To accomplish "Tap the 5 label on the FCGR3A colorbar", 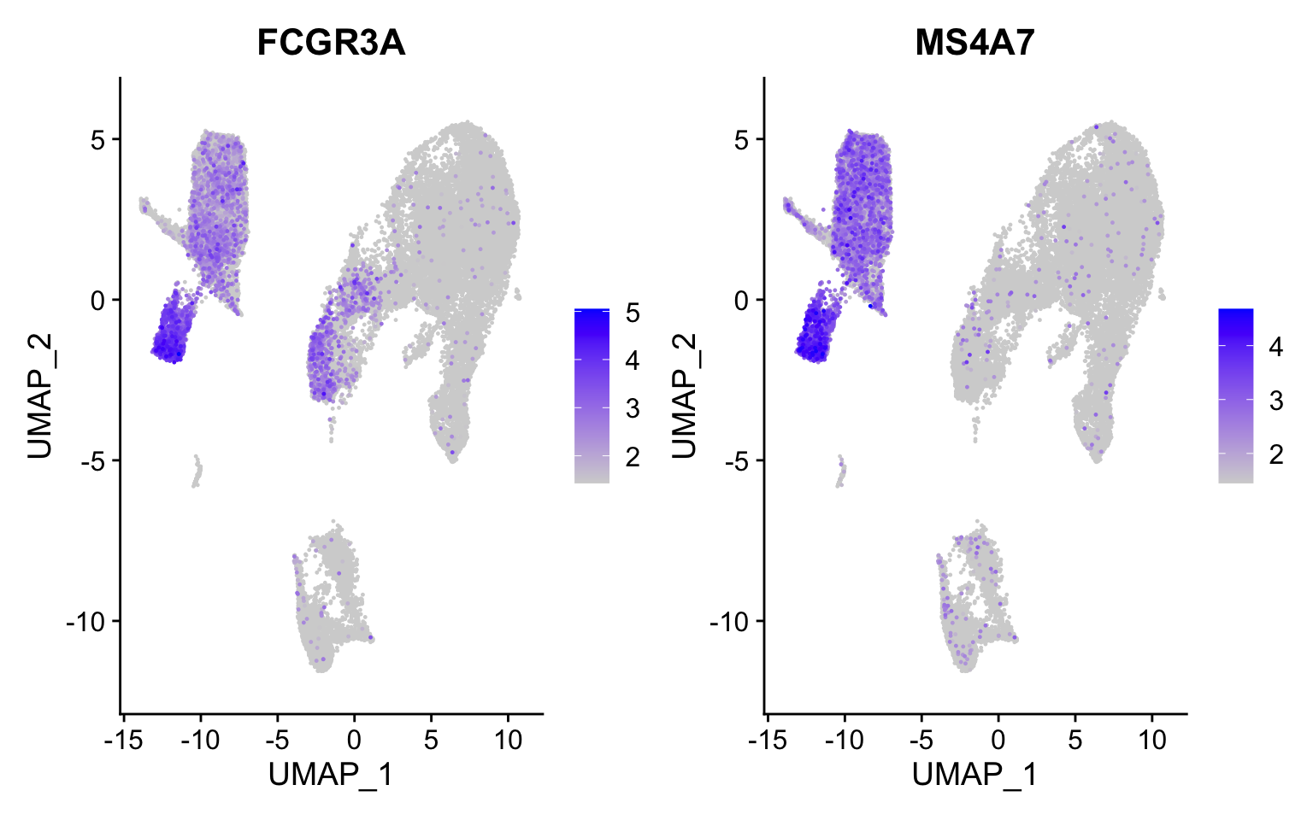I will tap(633, 313).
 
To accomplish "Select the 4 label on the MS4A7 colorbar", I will tap(1275, 347).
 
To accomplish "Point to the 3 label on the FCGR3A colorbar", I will tap(633, 409).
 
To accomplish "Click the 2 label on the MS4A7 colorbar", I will tap(1275, 454).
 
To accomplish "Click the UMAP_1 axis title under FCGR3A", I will tap(331, 775).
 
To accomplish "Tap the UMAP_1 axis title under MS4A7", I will tap(974, 775).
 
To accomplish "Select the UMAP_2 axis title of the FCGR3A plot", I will tap(41, 395).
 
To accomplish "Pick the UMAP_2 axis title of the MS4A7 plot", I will tap(685, 395).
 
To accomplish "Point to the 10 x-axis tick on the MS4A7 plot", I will tap(1151, 740).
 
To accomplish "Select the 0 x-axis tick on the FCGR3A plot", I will tap(354, 740).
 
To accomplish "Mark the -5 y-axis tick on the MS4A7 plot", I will tap(738, 460).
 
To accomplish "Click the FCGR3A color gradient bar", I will tap(592, 395).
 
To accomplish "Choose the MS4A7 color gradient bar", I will tap(1235, 395).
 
